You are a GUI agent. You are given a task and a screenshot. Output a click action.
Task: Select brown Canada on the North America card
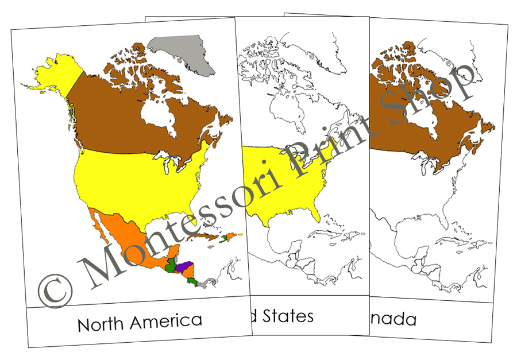pos(115,123)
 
